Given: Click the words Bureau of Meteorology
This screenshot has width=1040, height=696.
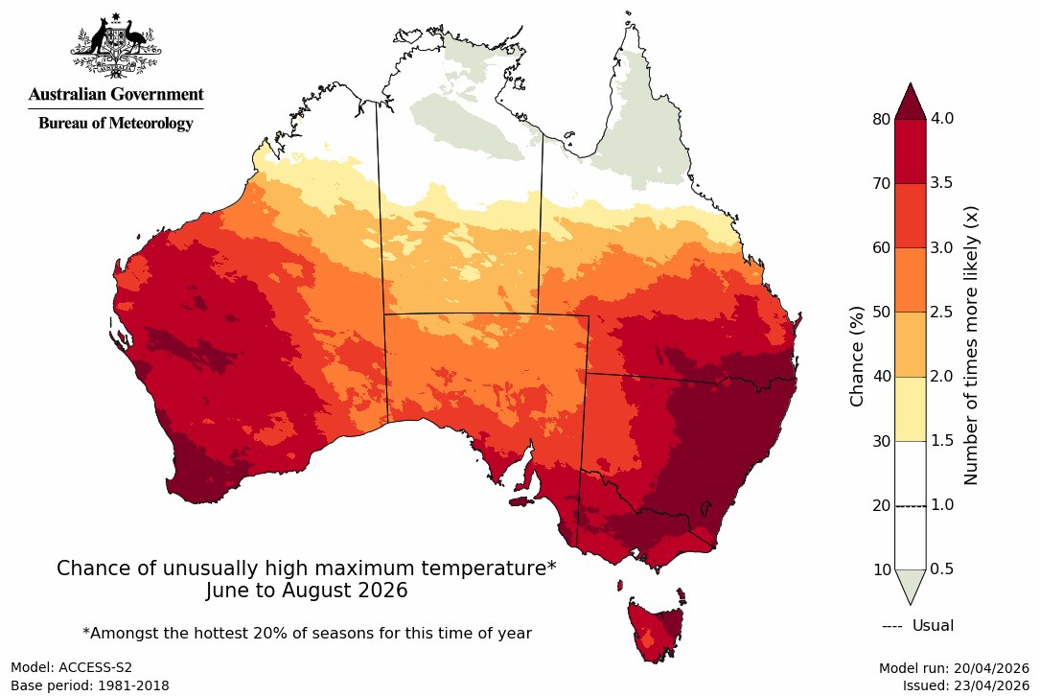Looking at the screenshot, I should click(116, 124).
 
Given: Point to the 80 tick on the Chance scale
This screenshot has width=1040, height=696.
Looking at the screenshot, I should click(881, 119).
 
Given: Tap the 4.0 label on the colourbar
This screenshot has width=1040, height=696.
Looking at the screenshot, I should click(943, 119).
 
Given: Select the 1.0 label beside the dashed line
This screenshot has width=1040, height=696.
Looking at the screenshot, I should click(943, 505).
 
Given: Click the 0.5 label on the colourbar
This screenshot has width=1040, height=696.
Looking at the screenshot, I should click(943, 569).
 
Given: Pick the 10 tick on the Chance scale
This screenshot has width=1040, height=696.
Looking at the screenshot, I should click(881, 569).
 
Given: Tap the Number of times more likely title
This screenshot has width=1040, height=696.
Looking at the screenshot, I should click(970, 344).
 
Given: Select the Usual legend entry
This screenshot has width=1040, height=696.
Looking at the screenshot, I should click(917, 626).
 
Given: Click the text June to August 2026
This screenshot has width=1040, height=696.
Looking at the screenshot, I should click(307, 591).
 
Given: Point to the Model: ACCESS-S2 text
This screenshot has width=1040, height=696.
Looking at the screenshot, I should click(66, 667).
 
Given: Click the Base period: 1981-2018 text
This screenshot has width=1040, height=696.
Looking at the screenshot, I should click(89, 685).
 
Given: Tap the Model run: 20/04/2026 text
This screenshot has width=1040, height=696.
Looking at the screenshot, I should click(953, 667).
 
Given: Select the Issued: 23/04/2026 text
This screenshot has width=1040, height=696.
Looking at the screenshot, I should click(965, 685).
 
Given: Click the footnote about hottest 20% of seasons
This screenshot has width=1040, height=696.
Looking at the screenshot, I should click(307, 633).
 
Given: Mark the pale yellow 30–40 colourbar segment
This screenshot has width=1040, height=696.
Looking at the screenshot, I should click(911, 408).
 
